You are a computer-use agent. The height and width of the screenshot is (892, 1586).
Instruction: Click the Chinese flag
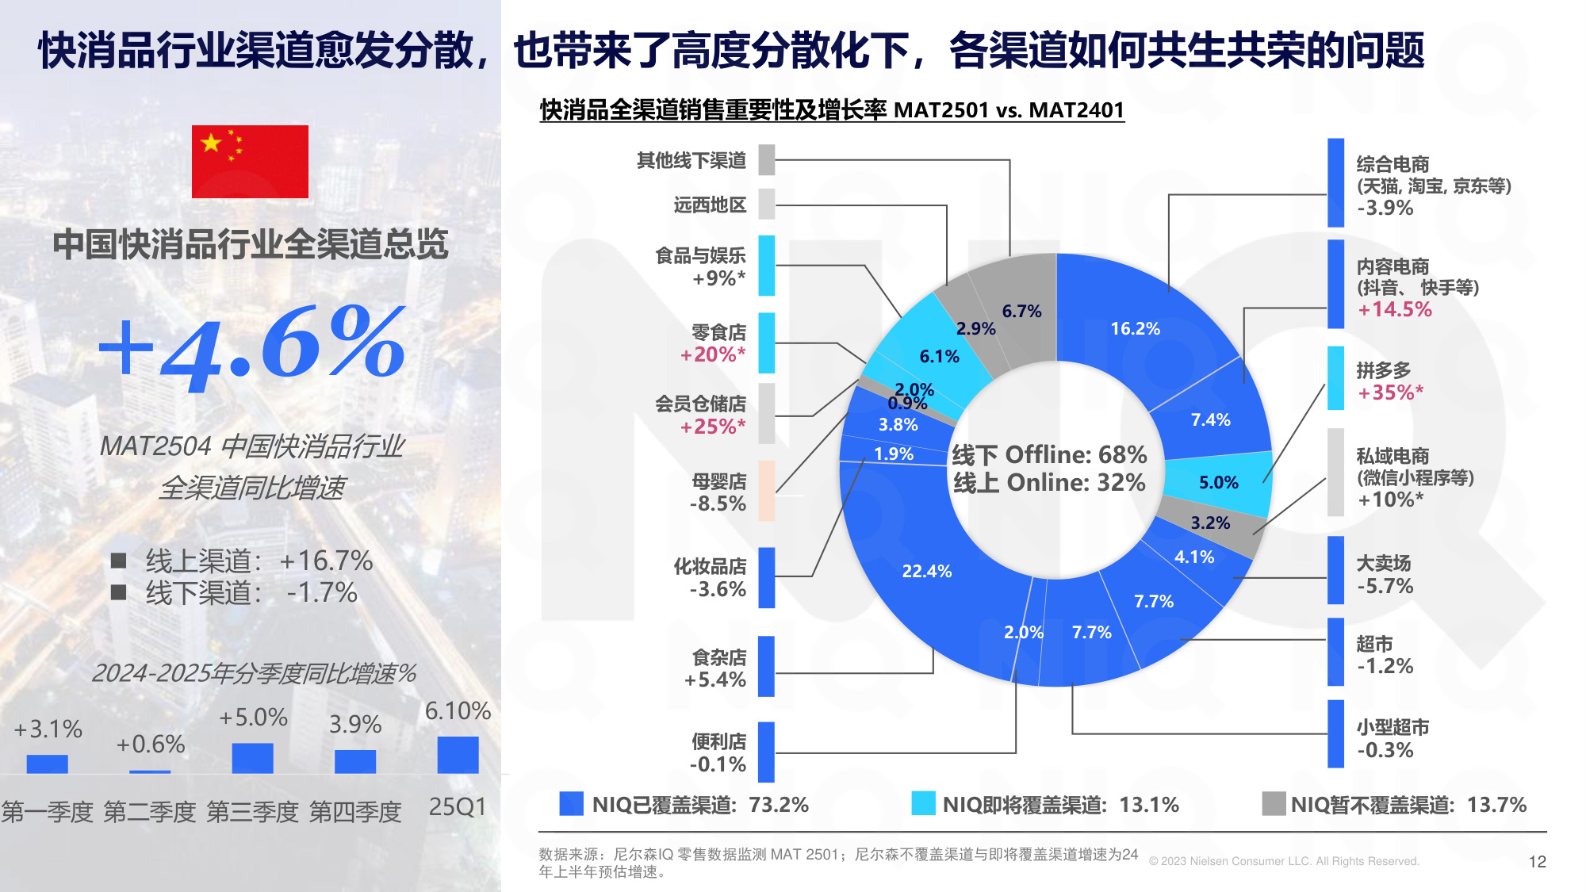(x=250, y=162)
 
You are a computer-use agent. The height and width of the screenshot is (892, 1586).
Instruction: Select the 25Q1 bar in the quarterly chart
(x=458, y=755)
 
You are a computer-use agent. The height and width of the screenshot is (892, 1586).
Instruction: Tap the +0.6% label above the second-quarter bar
(x=150, y=745)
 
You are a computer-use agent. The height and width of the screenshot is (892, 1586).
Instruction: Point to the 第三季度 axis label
(x=252, y=812)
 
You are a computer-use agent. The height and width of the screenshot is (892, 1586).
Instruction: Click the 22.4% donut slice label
(x=926, y=571)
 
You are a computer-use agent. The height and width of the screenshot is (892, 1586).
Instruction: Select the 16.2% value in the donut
(x=1135, y=328)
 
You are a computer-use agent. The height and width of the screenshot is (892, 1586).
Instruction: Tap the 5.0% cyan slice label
(x=1218, y=482)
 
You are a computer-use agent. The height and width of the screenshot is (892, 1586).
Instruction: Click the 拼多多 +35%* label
(x=1389, y=381)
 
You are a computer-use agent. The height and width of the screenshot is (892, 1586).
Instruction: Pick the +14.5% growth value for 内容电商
(x=1394, y=309)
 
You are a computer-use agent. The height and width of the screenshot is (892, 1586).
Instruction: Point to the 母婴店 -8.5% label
(x=718, y=492)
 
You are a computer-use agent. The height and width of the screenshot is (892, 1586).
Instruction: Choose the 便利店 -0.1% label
(x=718, y=752)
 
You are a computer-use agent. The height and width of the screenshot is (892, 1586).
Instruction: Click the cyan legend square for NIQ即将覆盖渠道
(x=923, y=804)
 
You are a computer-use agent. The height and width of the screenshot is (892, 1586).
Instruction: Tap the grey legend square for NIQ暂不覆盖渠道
(x=1274, y=804)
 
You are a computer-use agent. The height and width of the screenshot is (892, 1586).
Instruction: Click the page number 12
(x=1537, y=862)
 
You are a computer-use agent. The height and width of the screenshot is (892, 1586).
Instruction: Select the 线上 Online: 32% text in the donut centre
(x=1049, y=482)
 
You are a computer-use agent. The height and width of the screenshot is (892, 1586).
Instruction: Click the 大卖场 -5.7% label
(x=1384, y=575)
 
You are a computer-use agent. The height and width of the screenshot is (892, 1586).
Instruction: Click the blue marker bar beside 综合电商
(x=1335, y=182)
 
